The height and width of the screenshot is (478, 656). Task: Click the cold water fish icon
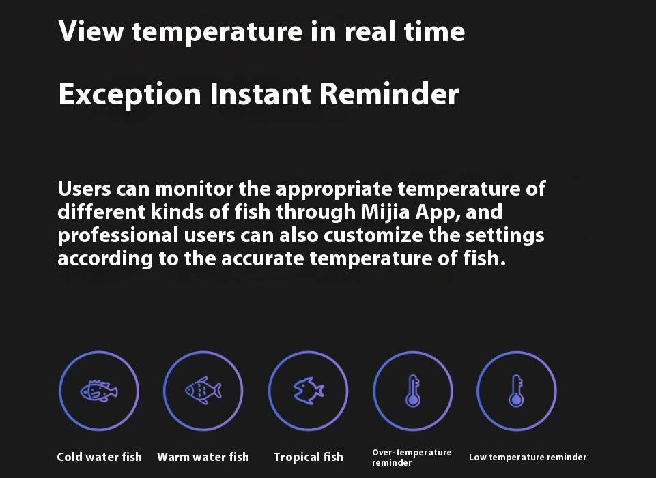99,391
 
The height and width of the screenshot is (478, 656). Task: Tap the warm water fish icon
203,391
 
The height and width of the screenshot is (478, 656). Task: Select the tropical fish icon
309,391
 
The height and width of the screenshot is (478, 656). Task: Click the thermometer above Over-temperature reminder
413,391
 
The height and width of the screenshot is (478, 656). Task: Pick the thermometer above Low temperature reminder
516,391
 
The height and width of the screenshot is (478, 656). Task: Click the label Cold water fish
99,457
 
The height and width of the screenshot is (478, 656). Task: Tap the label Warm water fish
203,457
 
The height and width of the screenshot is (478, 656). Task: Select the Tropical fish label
309,457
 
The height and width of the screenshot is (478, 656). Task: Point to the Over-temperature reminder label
412,458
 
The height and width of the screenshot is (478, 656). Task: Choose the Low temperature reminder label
528,457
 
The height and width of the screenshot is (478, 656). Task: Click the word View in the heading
91,31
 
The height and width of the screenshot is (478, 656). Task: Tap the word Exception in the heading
130,94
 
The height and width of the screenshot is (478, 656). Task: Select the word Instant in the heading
260,93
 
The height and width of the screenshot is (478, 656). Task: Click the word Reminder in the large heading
389,93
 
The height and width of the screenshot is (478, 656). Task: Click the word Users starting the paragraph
85,189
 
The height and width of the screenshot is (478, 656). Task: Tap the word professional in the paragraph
118,236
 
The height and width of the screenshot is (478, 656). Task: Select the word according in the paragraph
105,259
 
